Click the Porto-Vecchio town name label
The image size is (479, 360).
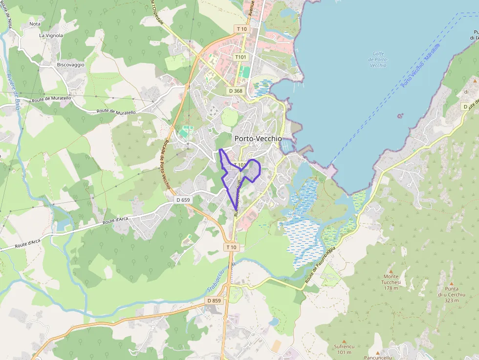[x=258, y=139]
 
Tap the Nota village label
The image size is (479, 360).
[x=35, y=23]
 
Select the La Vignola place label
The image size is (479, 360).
[x=51, y=36]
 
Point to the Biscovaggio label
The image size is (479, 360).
[x=70, y=64]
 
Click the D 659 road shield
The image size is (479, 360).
[x=183, y=200]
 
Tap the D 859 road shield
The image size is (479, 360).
[x=214, y=301]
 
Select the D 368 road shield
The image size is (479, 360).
[x=236, y=91]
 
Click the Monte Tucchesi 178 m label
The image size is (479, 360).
[x=392, y=282]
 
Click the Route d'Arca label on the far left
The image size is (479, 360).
[x=27, y=243]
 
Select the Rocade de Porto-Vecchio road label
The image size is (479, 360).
[x=165, y=163]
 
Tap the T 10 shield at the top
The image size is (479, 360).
[x=241, y=29]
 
